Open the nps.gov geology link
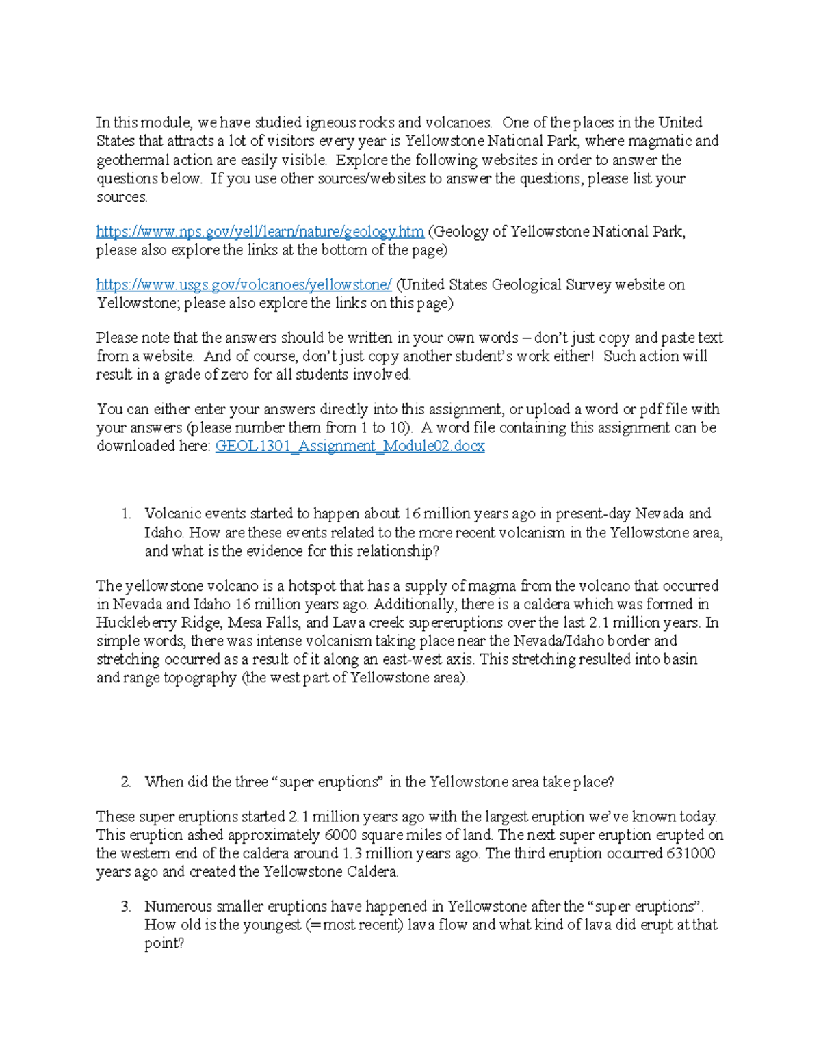pos(260,232)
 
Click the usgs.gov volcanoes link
pos(244,284)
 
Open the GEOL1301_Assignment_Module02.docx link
pos(350,447)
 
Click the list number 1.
pos(125,514)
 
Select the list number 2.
pos(125,782)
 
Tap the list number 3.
pos(125,907)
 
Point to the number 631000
pos(690,853)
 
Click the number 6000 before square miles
pos(341,835)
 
